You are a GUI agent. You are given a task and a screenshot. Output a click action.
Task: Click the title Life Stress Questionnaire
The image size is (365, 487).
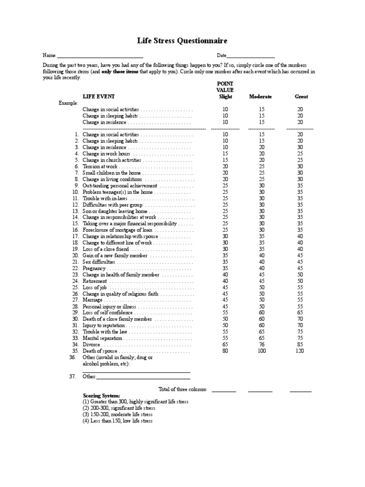click(182, 41)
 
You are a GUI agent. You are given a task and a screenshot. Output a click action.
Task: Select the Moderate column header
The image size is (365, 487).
click(260, 97)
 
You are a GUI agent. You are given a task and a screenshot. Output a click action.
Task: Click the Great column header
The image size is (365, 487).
click(301, 97)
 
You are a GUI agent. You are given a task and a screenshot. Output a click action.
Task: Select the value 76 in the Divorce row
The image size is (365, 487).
click(261, 344)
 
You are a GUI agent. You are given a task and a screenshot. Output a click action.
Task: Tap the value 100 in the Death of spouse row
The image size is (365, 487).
click(261, 351)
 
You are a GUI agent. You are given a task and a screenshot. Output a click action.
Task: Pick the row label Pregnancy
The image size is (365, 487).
click(94, 268)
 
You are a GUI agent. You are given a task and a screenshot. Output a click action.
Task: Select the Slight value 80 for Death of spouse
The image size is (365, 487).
click(225, 351)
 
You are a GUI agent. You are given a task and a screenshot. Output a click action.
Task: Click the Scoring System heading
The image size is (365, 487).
click(101, 396)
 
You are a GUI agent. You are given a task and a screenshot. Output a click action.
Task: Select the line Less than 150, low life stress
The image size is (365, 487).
click(117, 420)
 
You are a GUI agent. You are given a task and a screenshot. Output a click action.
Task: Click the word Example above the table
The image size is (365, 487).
click(68, 103)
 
